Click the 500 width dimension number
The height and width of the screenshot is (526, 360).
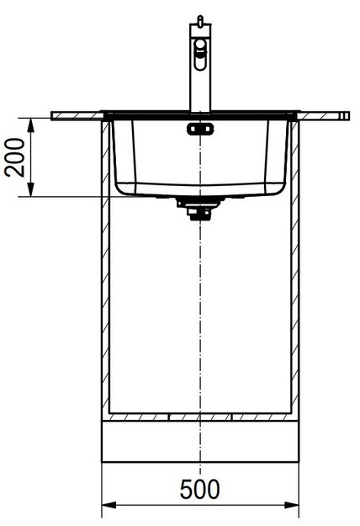[x=200, y=489]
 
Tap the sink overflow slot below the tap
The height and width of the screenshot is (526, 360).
[x=199, y=128]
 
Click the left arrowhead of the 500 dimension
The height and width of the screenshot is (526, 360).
[x=106, y=506]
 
